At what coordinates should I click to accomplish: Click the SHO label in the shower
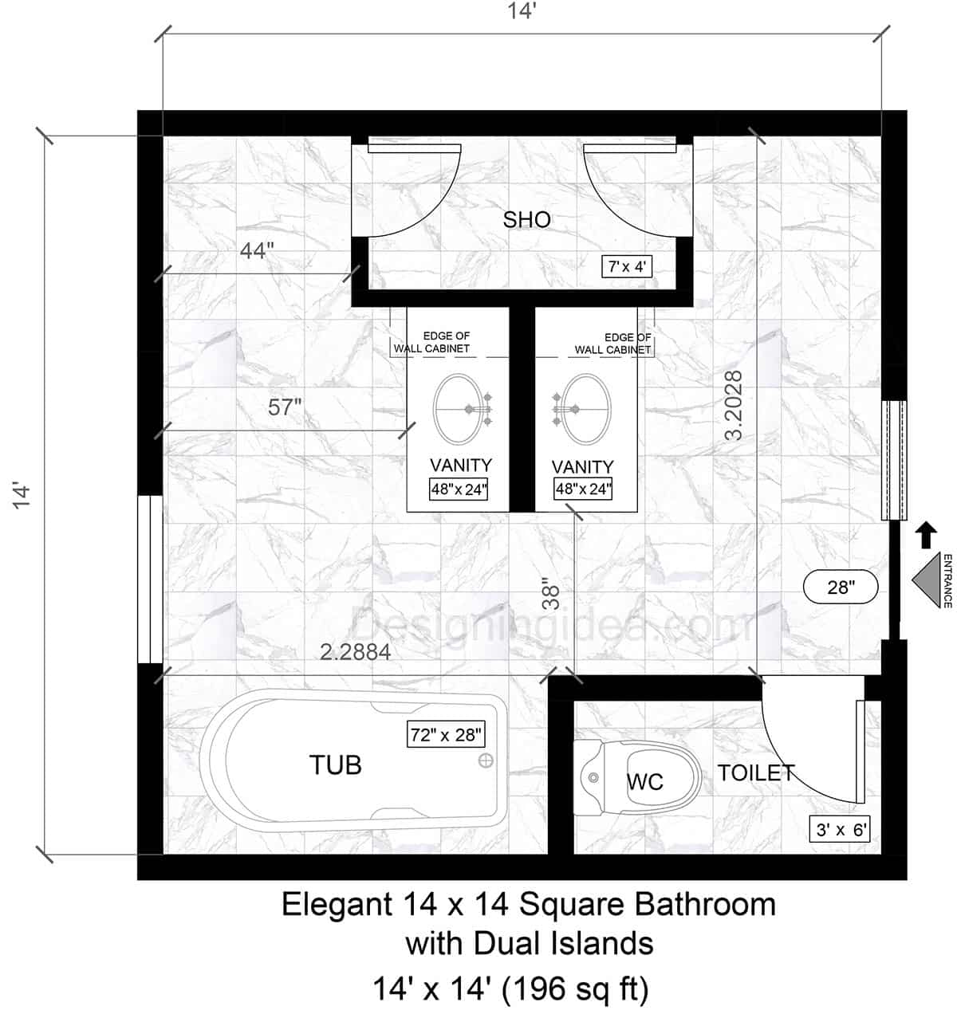[x=526, y=220]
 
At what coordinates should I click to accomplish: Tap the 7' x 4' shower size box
[x=627, y=266]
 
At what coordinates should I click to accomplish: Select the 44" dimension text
[x=257, y=251]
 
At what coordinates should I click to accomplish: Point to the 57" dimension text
[x=285, y=407]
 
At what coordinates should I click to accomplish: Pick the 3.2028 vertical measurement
[x=734, y=405]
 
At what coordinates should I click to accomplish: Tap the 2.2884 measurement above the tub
[x=356, y=652]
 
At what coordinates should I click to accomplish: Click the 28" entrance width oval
[x=841, y=588]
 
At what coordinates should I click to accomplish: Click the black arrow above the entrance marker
[x=925, y=535]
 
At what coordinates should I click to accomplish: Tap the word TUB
[x=336, y=765]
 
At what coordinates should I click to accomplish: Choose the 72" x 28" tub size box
[x=446, y=734]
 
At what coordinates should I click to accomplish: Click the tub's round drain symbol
[x=485, y=760]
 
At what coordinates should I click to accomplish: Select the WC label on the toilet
[x=644, y=781]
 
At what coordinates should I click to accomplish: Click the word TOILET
[x=756, y=772]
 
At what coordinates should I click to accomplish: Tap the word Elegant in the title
[x=333, y=905]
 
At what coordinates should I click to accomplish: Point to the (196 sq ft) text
[x=575, y=990]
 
